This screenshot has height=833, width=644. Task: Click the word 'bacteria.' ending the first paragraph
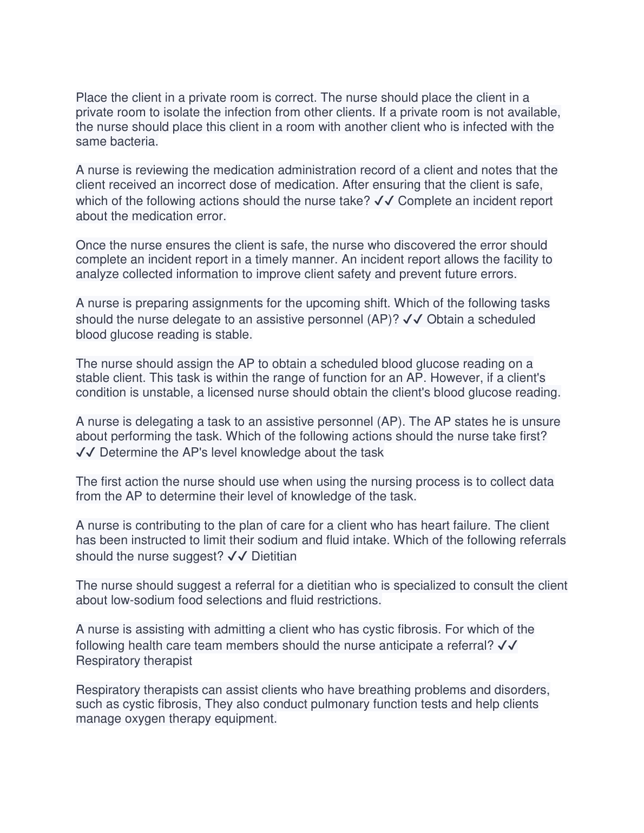point(134,142)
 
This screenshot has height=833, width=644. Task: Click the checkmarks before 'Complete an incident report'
point(384,201)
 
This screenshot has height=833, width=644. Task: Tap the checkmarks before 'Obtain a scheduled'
point(413,319)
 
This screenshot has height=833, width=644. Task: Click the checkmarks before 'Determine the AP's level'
point(86,452)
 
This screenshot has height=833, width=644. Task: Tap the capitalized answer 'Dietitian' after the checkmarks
point(274,557)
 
